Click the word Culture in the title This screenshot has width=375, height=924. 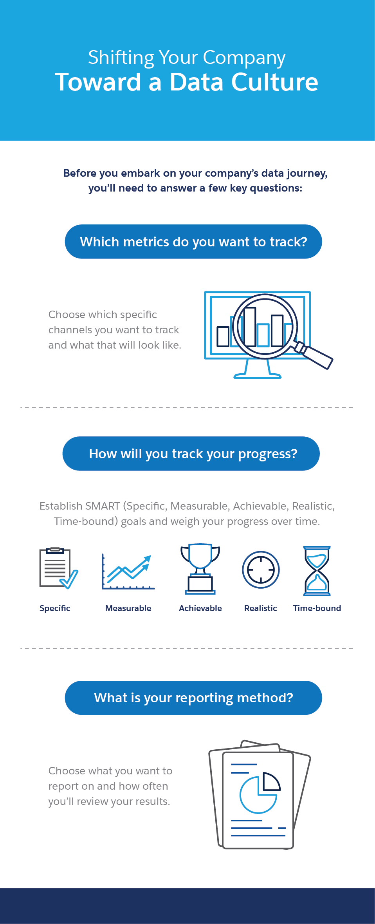274,82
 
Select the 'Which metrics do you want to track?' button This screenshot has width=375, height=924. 193,242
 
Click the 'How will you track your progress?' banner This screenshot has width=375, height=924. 191,454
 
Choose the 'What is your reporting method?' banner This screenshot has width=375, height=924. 193,698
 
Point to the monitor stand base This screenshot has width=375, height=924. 257,376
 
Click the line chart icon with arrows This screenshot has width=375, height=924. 128,571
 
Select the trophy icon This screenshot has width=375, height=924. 200,569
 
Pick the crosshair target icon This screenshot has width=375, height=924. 261,570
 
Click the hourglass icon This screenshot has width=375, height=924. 317,571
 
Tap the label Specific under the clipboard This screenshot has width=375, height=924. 55,608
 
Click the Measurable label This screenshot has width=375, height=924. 128,608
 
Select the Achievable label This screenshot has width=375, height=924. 200,608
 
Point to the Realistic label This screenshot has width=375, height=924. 261,608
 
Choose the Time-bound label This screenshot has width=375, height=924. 317,608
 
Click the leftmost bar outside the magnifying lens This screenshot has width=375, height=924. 223,336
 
